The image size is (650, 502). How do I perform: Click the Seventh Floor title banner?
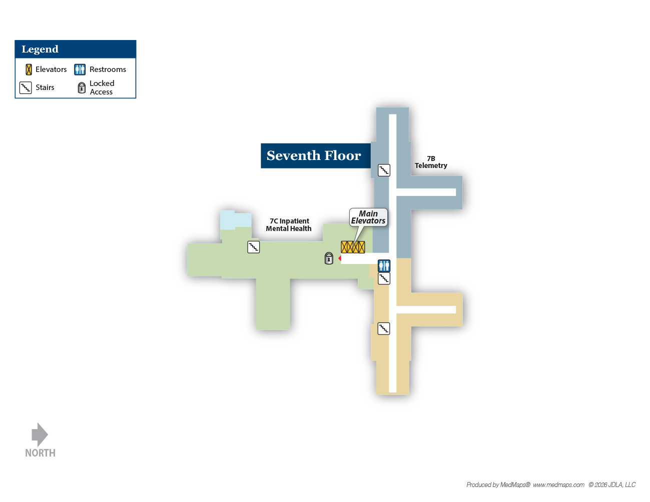(x=316, y=155)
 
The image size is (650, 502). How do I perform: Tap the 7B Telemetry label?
(x=431, y=162)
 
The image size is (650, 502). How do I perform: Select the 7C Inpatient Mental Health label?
(x=289, y=224)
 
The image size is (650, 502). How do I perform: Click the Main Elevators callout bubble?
(x=368, y=217)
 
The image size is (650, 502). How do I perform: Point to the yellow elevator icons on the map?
(x=353, y=247)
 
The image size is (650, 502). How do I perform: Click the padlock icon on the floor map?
(x=329, y=258)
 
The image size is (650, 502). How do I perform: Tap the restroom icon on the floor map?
(x=384, y=265)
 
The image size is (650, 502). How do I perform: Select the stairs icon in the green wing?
(x=253, y=247)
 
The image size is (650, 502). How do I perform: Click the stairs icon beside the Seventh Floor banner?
(x=384, y=170)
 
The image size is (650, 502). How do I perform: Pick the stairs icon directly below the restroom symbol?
(x=384, y=278)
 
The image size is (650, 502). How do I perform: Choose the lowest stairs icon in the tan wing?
(x=383, y=328)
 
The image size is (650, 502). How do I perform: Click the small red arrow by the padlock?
(x=339, y=258)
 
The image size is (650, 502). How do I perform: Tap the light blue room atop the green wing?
(x=235, y=220)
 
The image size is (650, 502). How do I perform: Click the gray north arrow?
(x=40, y=434)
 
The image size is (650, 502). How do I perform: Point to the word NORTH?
(x=40, y=453)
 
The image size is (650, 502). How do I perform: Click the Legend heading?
(x=40, y=49)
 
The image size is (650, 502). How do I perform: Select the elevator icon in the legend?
(x=29, y=69)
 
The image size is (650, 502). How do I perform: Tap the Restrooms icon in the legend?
(x=80, y=69)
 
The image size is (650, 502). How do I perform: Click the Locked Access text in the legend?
(x=102, y=87)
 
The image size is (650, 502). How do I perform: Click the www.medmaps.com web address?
(x=558, y=484)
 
